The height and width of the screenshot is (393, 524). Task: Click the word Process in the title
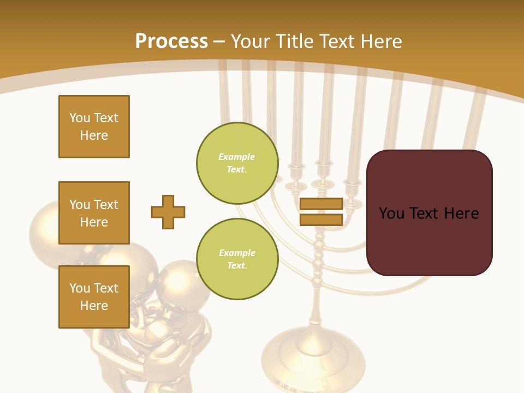click(x=171, y=41)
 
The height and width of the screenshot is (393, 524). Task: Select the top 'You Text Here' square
click(x=94, y=127)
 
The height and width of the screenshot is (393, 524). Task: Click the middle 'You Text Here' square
click(x=94, y=213)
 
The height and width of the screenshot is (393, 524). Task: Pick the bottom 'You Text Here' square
click(x=94, y=296)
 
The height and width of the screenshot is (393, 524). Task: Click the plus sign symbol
click(x=168, y=212)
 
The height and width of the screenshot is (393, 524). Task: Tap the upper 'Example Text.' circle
click(x=237, y=163)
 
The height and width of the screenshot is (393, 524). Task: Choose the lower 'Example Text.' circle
click(x=237, y=259)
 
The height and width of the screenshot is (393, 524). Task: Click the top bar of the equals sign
click(x=321, y=204)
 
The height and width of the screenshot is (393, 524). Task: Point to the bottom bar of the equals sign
click(x=321, y=219)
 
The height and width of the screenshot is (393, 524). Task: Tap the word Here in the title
click(x=380, y=41)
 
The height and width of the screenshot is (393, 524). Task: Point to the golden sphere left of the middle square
click(x=43, y=232)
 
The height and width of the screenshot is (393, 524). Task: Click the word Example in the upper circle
click(x=236, y=157)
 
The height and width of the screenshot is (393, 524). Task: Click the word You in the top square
click(x=80, y=118)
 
